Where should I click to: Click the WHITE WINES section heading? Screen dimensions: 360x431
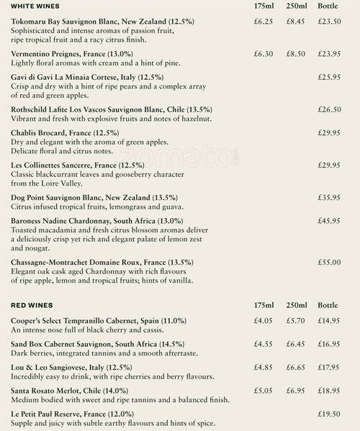pos(35,6)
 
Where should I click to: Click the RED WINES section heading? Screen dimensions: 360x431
pos(31,305)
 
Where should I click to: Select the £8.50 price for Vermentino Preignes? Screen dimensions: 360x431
pos(297,54)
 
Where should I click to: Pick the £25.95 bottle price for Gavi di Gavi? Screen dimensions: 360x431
pos(329,76)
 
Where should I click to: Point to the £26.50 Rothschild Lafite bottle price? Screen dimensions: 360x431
pos(329,110)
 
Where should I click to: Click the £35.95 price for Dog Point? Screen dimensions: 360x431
pos(329,197)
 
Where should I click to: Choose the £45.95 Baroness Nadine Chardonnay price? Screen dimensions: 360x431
pos(329,220)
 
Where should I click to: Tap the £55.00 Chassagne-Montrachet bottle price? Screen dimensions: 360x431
pos(329,263)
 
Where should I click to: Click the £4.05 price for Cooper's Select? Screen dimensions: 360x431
pos(264,320)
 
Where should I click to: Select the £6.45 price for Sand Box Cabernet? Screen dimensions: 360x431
pos(297,343)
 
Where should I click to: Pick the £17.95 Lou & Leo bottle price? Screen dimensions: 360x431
pos(329,367)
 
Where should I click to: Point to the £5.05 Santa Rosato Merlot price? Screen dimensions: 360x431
pos(264,390)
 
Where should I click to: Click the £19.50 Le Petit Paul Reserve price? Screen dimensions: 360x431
pos(329,414)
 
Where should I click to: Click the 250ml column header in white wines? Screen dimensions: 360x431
pos(297,6)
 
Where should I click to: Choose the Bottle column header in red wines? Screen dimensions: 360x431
pos(328,305)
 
